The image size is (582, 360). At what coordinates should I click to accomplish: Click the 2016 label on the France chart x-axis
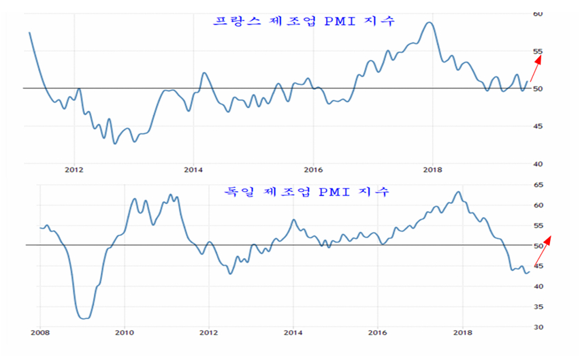(x=312, y=169)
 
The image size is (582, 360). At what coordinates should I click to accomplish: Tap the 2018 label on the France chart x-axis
(x=432, y=169)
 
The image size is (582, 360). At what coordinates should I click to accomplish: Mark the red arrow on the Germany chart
(x=543, y=250)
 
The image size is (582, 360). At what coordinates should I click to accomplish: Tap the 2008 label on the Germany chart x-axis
(x=39, y=333)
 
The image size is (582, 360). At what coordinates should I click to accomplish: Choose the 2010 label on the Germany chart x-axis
(x=124, y=333)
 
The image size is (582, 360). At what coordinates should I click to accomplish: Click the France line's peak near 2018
(x=428, y=22)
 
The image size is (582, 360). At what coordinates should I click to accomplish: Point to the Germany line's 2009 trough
(x=84, y=318)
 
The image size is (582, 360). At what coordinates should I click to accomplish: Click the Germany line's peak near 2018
(x=458, y=192)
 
